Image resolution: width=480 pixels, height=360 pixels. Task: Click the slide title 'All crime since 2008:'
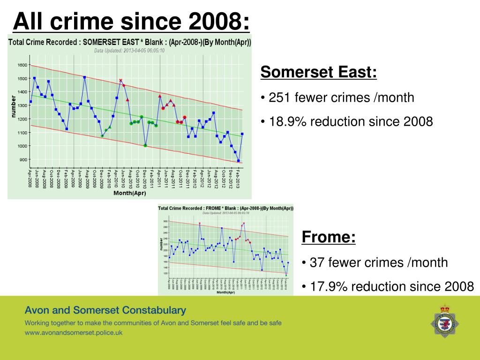click(131, 21)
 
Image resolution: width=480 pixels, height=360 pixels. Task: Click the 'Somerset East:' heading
click(318, 73)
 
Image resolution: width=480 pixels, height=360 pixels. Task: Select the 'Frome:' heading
click(329, 237)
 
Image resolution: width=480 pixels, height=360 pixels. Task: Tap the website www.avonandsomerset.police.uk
click(74, 333)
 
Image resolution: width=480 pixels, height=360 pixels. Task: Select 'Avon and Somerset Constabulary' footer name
click(105, 310)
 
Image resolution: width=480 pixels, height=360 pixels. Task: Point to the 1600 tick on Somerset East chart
click(22, 65)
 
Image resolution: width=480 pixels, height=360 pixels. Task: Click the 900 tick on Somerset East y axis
click(23, 160)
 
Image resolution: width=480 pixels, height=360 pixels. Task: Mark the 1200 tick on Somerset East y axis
click(22, 119)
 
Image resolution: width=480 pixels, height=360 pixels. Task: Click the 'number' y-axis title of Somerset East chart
click(14, 107)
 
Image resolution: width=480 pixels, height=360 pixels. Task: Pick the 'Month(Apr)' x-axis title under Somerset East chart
click(129, 193)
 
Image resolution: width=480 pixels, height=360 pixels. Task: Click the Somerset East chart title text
click(130, 42)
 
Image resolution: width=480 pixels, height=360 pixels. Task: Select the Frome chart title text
click(225, 208)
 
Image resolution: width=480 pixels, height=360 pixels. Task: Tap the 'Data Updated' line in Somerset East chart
click(129, 50)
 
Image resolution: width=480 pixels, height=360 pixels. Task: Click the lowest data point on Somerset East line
click(238, 161)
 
